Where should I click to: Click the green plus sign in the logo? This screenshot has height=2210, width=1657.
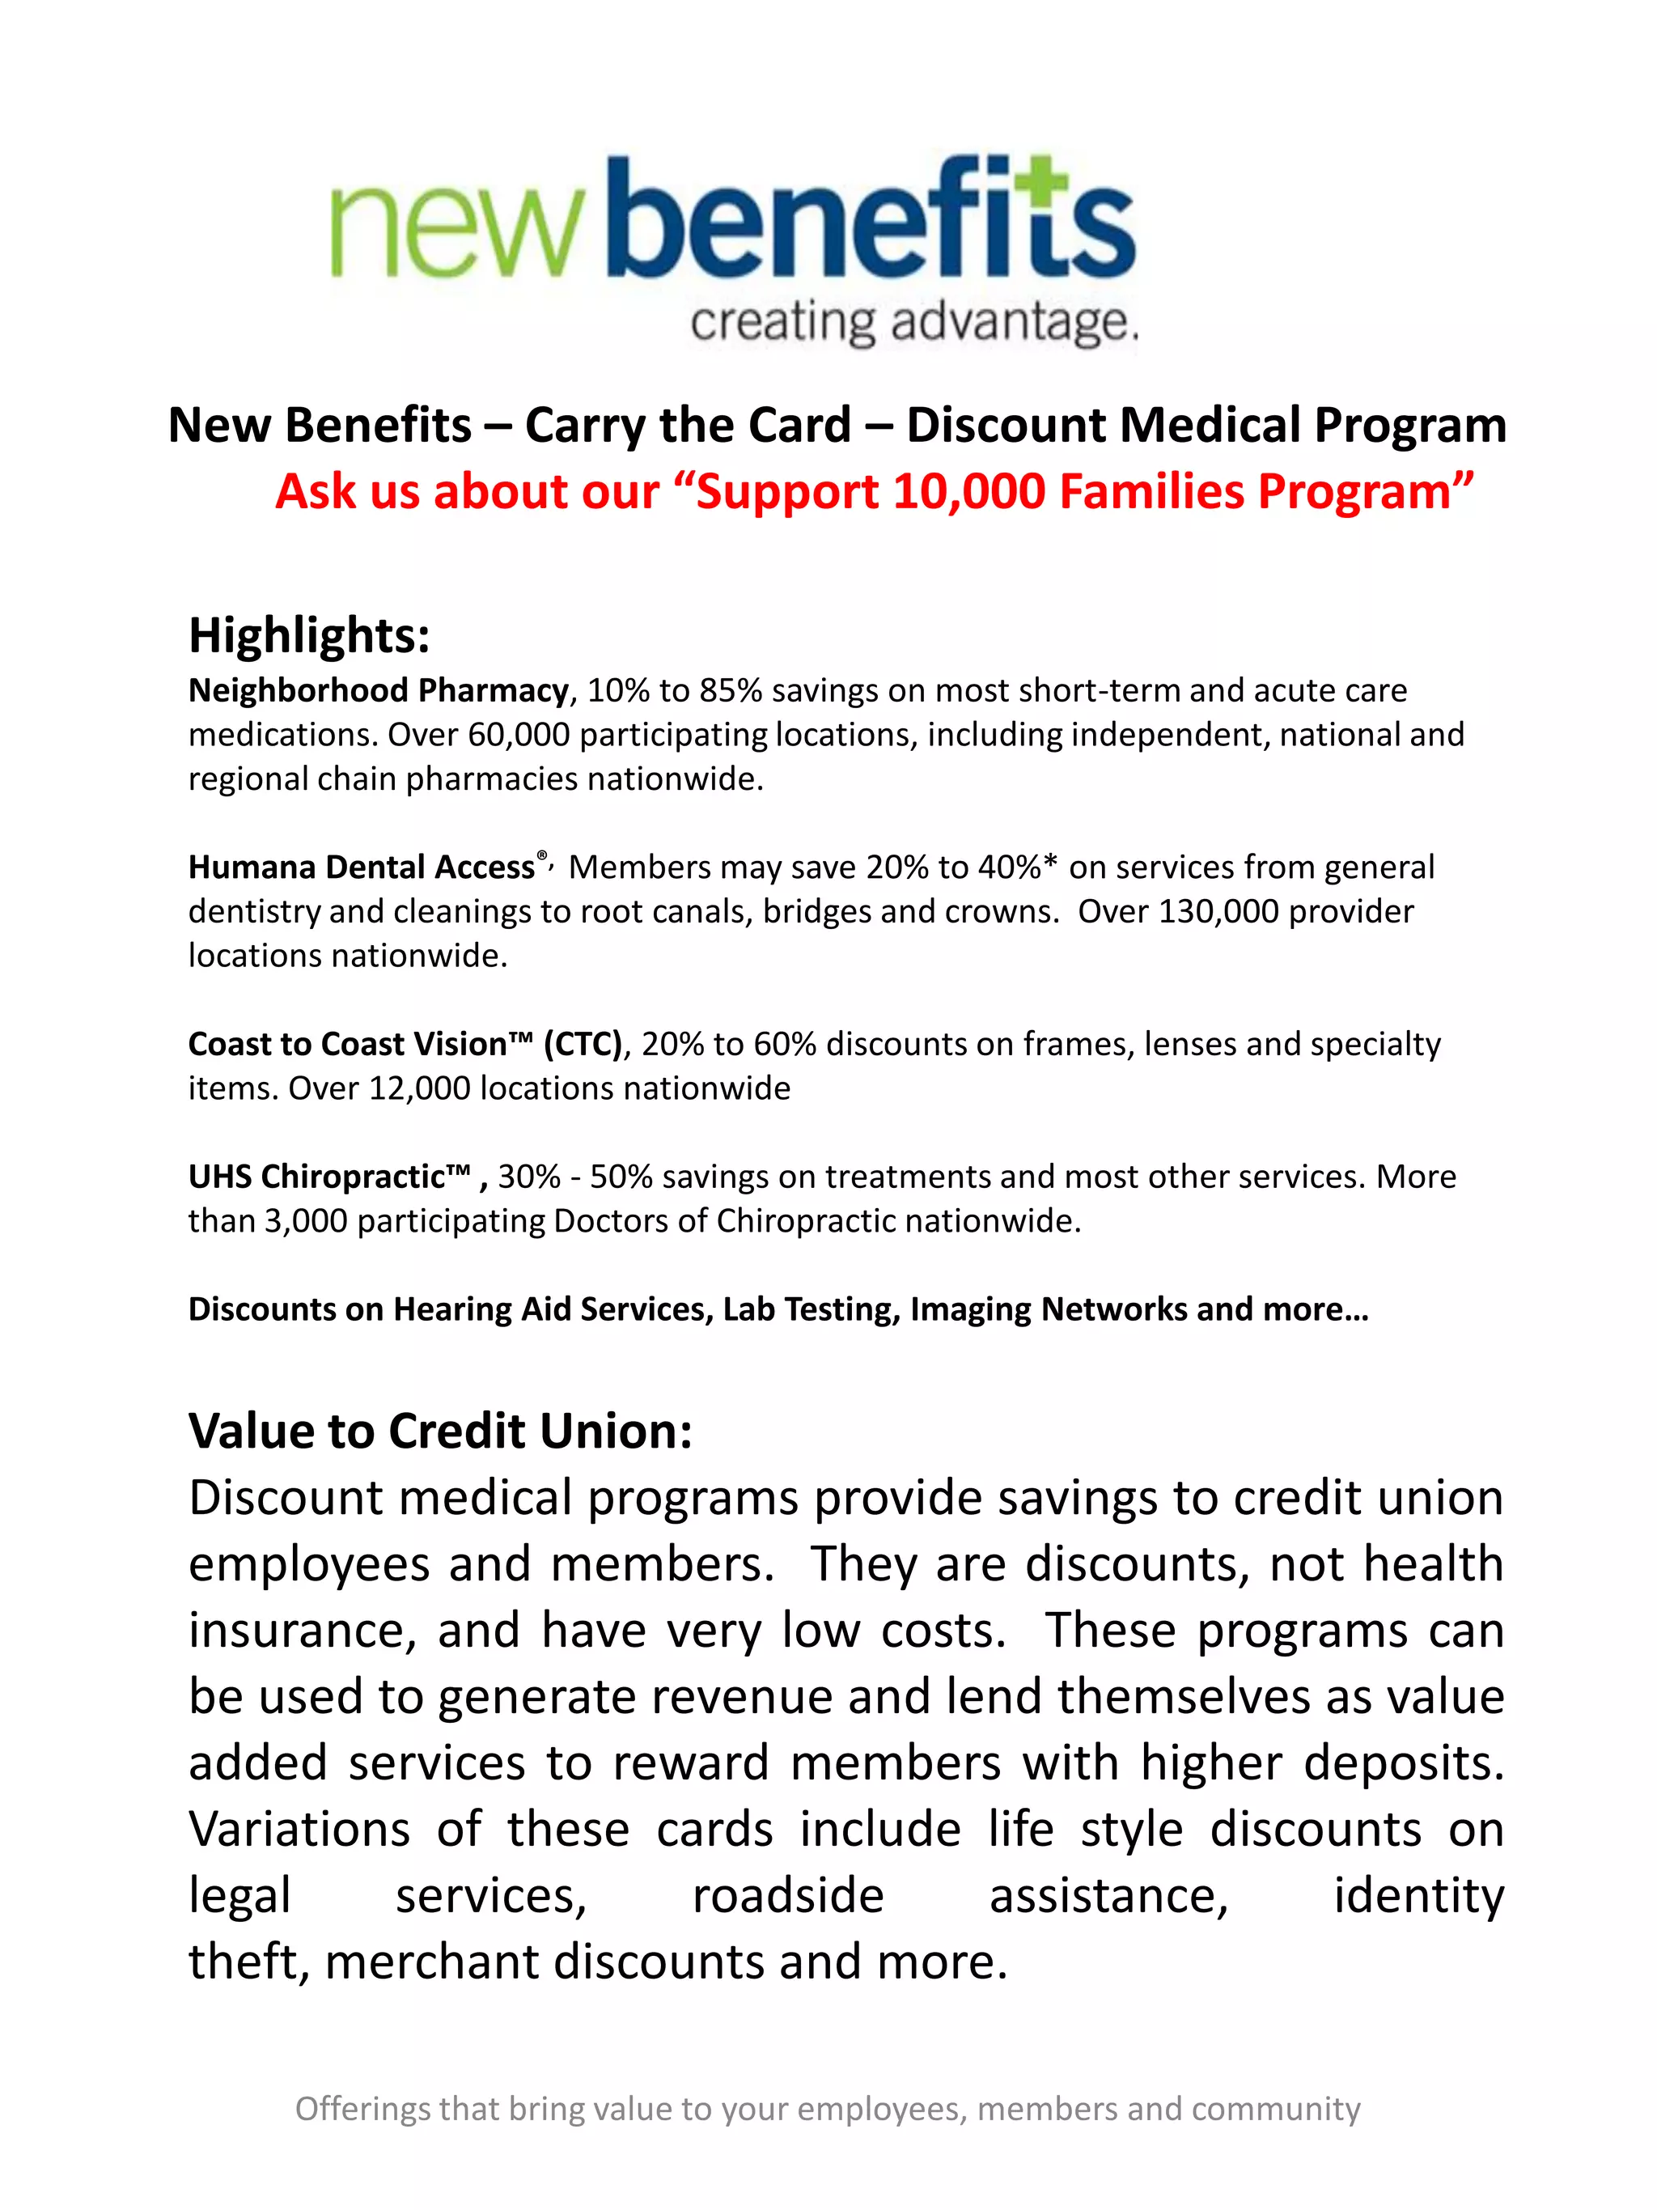1040,180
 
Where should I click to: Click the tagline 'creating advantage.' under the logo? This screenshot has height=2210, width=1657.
914,323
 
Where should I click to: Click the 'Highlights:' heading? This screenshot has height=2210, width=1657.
310,635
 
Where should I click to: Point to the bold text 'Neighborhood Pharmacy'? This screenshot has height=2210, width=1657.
379,690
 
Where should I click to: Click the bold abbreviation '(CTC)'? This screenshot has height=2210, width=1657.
583,1044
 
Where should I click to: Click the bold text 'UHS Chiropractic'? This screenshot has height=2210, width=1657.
328,1177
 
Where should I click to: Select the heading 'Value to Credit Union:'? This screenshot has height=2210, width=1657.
440,1432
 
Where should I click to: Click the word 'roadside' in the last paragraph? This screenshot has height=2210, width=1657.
788,1895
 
